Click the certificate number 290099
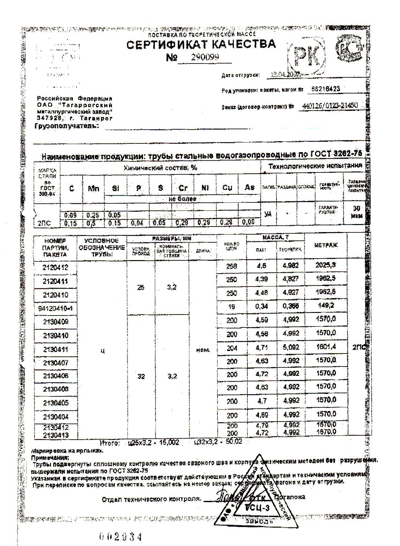[x=205, y=57]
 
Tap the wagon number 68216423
[x=325, y=89]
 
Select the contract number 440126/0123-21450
[x=330, y=106]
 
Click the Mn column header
[x=94, y=188]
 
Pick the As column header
[x=249, y=187]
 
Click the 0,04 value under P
[x=137, y=223]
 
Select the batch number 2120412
[x=55, y=267]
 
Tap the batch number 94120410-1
[x=55, y=308]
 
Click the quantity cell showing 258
[x=232, y=266]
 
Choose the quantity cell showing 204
[x=232, y=348]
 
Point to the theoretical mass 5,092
[x=291, y=347]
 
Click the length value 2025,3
[x=325, y=265]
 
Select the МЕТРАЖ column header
[x=326, y=246]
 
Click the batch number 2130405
[x=55, y=403]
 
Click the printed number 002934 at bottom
[x=120, y=537]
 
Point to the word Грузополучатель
[x=66, y=126]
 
